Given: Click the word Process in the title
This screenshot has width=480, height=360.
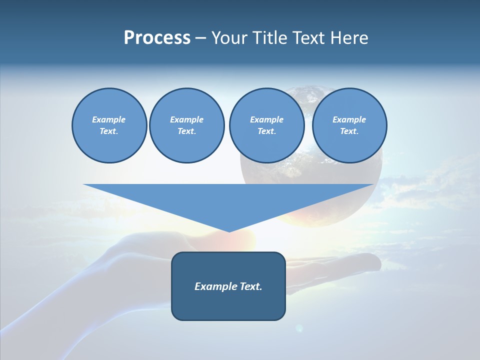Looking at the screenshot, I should tap(157, 38).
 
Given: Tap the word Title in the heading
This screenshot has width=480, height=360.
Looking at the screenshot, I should tap(270, 38).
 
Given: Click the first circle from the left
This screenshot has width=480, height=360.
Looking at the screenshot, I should tap(109, 125).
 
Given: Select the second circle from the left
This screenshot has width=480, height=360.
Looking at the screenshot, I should tap(186, 125).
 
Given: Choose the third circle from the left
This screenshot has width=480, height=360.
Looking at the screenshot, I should tap(266, 125).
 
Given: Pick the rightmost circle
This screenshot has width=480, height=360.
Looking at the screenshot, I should tap(349, 125).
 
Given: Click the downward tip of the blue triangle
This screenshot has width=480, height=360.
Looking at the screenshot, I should tap(228, 231).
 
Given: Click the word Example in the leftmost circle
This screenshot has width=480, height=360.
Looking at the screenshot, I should tap(109, 119).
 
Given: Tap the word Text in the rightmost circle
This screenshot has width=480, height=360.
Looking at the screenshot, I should tap(349, 131).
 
